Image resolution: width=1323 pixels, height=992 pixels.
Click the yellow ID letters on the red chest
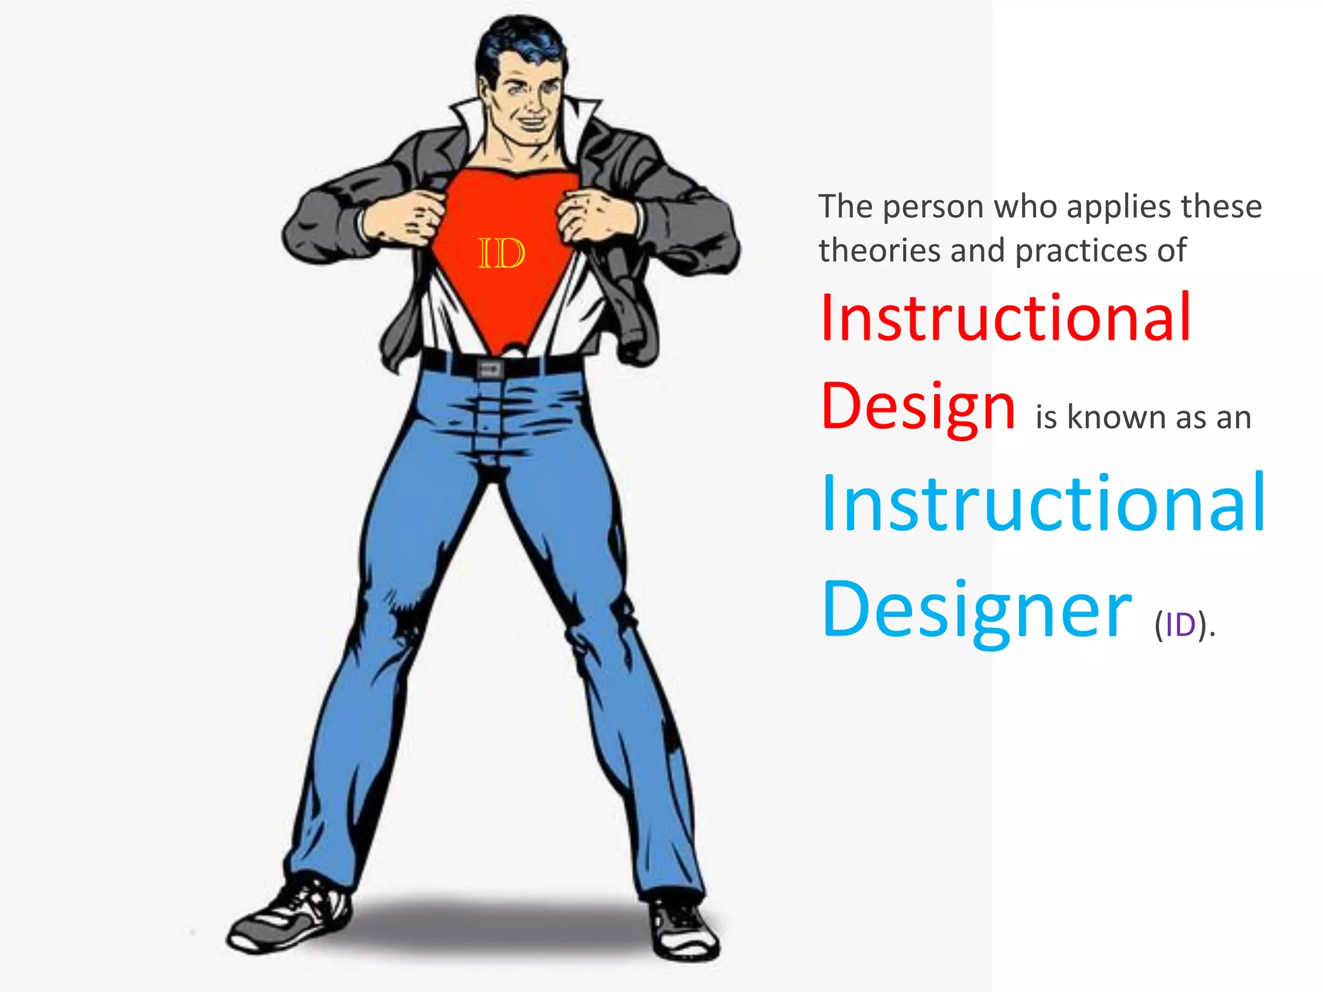[501, 253]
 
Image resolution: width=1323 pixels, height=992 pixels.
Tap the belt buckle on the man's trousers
[490, 369]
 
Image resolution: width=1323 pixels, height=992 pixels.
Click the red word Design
[918, 408]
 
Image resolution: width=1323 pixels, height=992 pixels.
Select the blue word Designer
[976, 611]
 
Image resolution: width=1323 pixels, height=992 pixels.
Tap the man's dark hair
[517, 42]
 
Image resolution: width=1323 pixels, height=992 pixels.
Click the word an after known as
[1233, 418]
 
